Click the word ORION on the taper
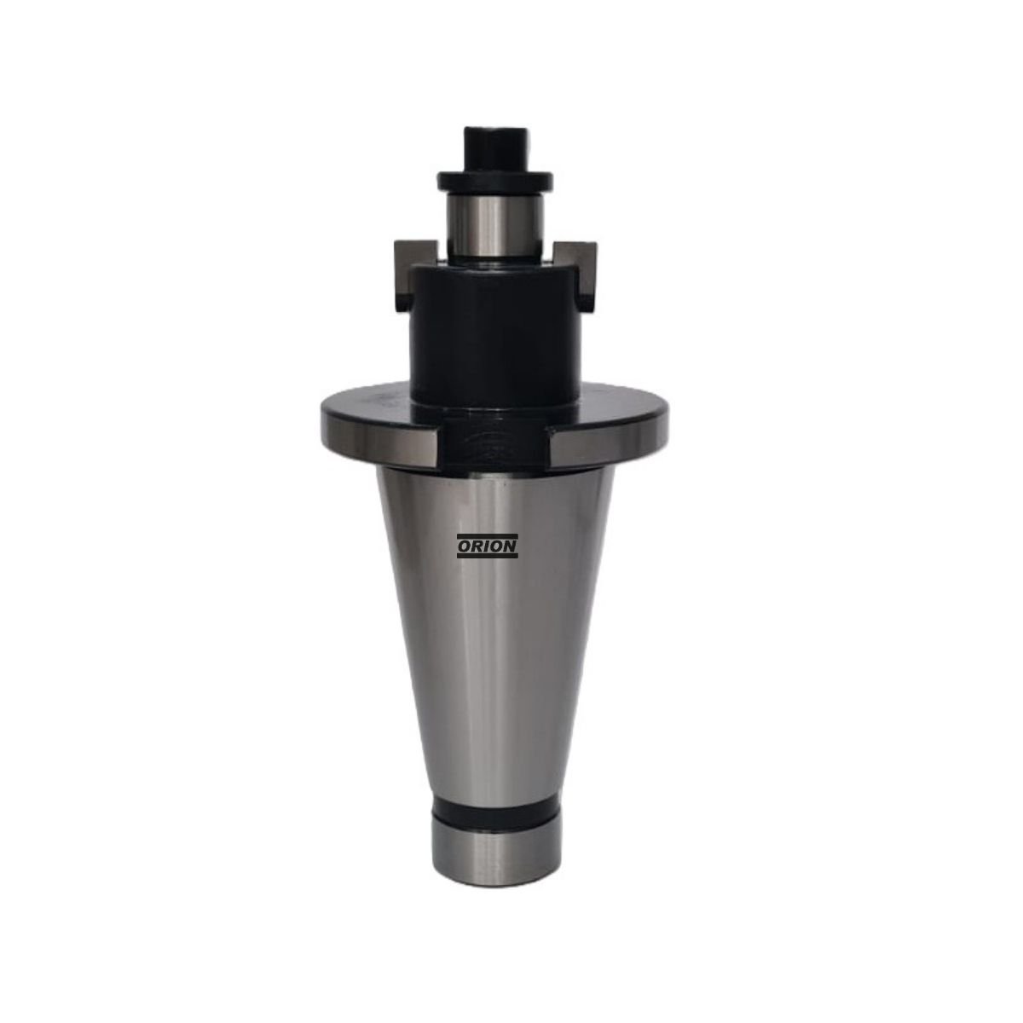coord(488,546)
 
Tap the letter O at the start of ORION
coord(464,546)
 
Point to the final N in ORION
coord(511,546)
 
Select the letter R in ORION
coord(476,546)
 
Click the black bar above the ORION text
coord(488,536)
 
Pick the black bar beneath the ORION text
coord(488,557)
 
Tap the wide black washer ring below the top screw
coord(494,181)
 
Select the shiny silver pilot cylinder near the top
coord(494,224)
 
